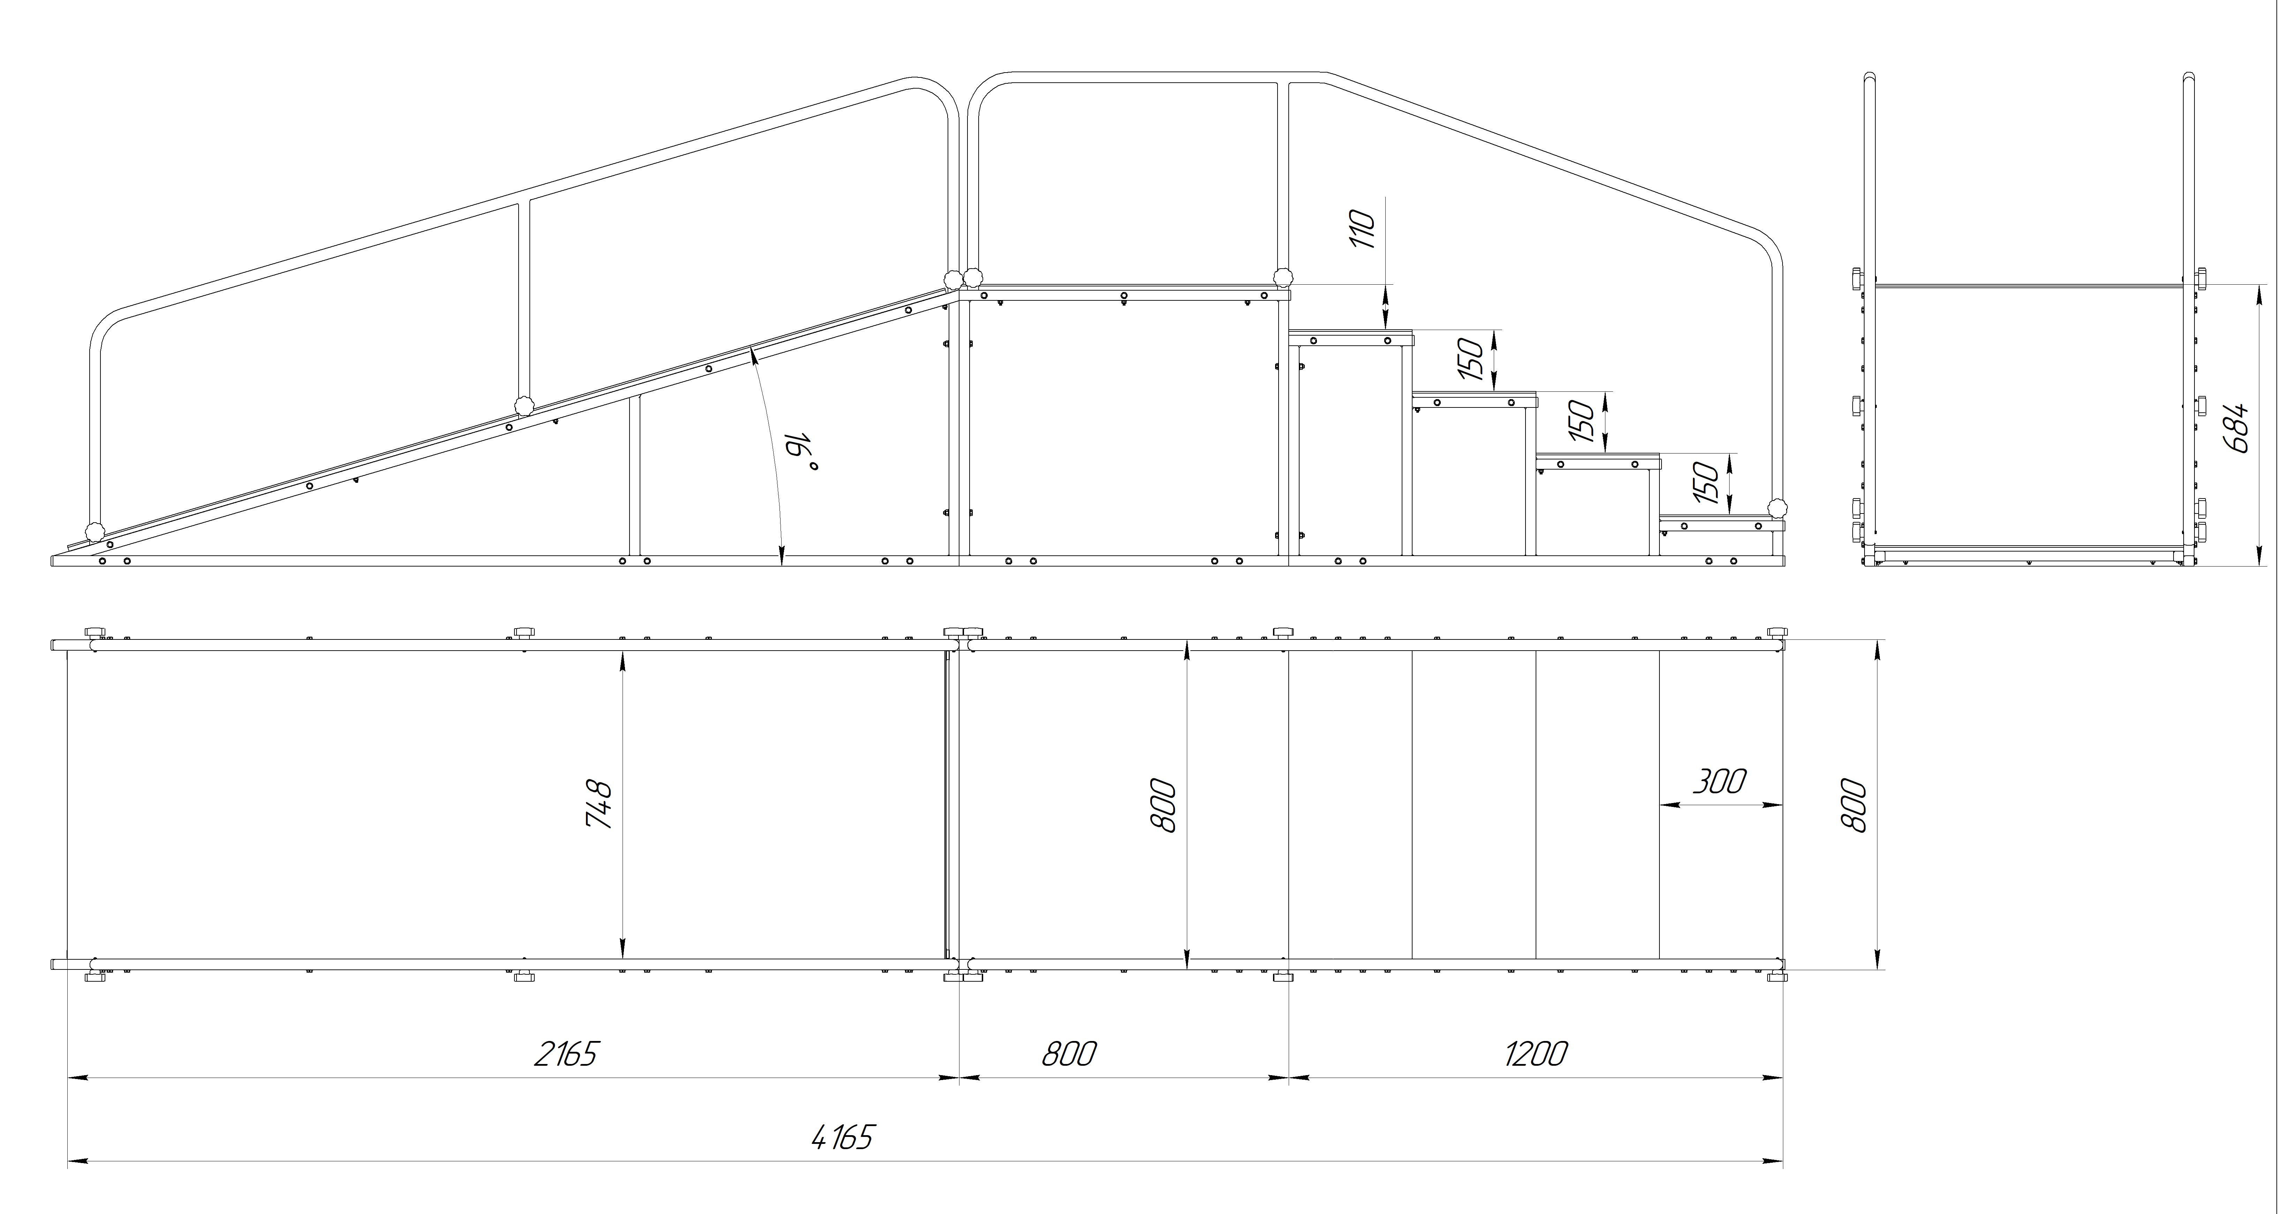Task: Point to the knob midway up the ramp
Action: click(525, 406)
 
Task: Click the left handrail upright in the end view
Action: click(1870, 328)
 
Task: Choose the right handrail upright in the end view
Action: click(2188, 328)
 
